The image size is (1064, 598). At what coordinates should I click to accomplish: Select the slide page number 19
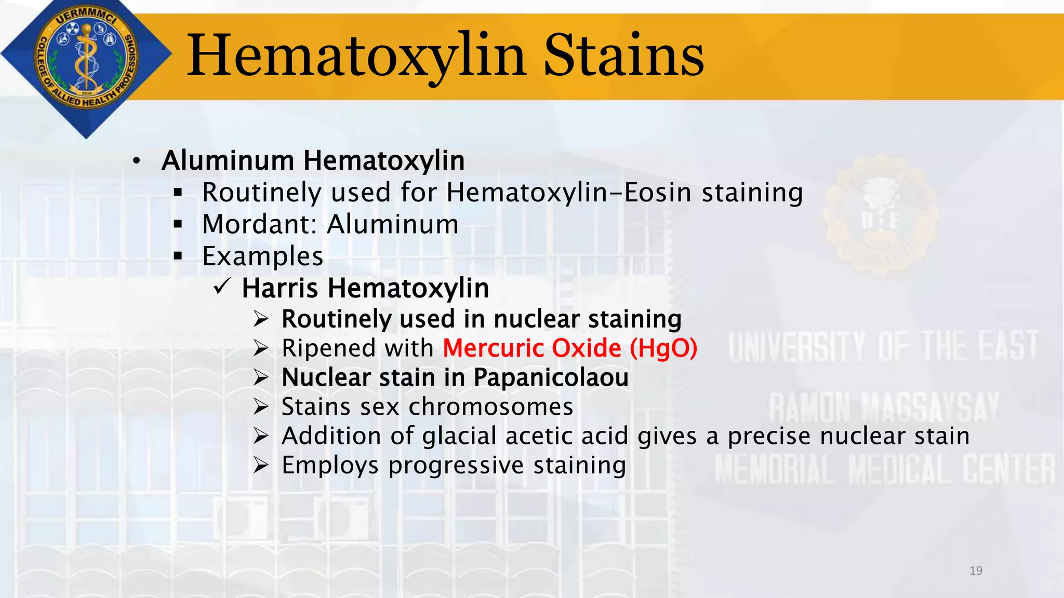tap(976, 571)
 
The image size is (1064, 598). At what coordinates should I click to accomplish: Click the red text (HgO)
tap(663, 348)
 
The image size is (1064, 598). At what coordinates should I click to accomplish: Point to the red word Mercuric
tap(494, 348)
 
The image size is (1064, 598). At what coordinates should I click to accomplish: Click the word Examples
tap(262, 256)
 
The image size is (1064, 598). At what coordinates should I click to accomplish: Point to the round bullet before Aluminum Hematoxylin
tap(136, 161)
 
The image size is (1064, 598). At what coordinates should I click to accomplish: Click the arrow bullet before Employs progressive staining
tap(261, 465)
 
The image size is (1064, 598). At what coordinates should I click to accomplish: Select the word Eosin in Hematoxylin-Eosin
tap(658, 193)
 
